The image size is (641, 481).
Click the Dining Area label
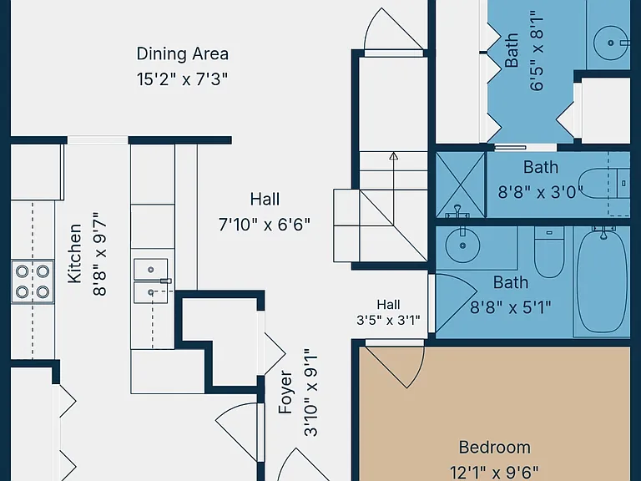(182, 53)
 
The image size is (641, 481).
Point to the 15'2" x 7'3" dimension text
(182, 78)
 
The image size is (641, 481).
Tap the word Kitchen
(74, 254)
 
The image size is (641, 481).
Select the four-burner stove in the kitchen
(33, 281)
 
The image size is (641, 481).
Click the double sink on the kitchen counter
(151, 281)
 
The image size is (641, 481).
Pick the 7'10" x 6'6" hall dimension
(265, 225)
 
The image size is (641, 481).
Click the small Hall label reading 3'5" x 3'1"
(388, 312)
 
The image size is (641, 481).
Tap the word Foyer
(285, 392)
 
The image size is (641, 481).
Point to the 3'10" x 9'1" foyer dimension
(310, 392)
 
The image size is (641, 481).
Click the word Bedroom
(495, 447)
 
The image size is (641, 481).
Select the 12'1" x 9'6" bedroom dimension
(495, 473)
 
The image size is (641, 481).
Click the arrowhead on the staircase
(393, 155)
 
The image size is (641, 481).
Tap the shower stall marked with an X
(461, 185)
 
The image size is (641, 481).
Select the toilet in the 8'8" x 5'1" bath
(549, 252)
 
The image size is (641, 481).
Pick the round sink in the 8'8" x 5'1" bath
(462, 246)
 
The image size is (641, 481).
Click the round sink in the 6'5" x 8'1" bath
(610, 43)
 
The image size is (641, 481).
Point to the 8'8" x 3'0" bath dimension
(541, 192)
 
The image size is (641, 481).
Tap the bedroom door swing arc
(413, 368)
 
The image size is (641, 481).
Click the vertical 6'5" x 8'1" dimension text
(538, 53)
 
